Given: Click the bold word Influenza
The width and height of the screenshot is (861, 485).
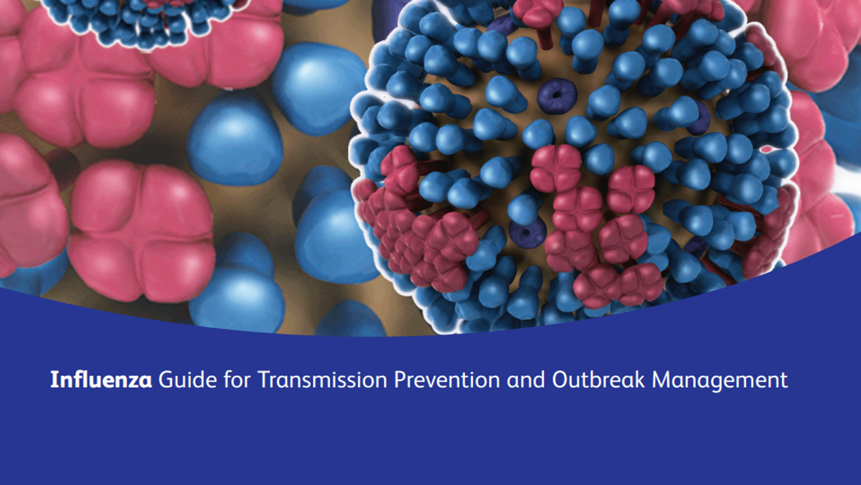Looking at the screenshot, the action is [x=101, y=380].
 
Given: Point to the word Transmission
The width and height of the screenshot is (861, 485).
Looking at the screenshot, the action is [x=322, y=380].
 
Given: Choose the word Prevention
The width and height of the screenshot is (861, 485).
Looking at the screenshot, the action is [x=447, y=380].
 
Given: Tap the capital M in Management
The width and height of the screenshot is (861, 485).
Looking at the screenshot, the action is [x=661, y=380].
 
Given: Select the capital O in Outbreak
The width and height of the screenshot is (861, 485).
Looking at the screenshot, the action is [x=561, y=380].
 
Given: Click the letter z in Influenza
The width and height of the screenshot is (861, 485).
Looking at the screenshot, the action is [x=131, y=382].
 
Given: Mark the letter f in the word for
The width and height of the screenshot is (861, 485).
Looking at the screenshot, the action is [x=227, y=379].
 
